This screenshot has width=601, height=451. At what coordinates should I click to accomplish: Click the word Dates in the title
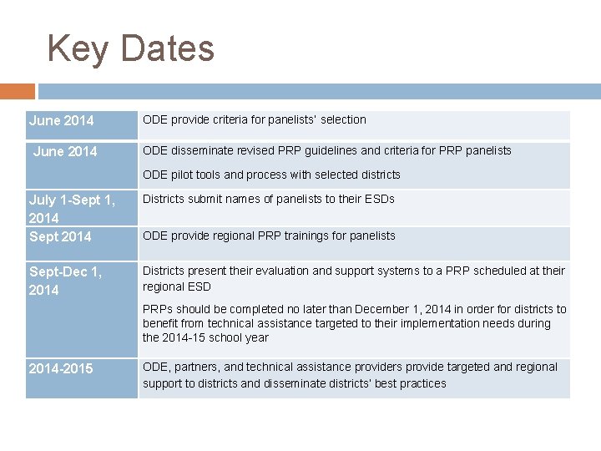167,48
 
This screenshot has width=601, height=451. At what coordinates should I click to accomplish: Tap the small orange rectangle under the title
18,91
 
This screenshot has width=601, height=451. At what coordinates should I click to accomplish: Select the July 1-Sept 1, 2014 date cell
72,208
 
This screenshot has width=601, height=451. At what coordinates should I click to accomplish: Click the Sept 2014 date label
60,236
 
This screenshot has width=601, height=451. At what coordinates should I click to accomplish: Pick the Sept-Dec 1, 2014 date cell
65,281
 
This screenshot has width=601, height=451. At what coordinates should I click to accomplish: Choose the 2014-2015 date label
61,368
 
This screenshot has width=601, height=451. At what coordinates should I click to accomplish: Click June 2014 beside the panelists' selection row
62,121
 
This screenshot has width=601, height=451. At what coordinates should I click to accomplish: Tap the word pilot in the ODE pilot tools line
184,175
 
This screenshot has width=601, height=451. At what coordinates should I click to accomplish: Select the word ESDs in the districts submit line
378,199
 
